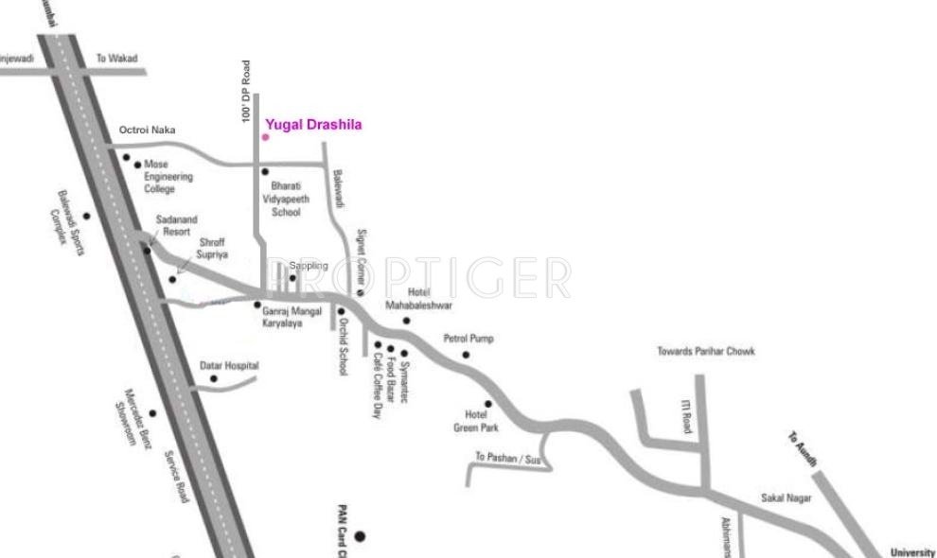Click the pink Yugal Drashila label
tap(313, 124)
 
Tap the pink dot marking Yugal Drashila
tap(265, 137)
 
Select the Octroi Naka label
tap(148, 131)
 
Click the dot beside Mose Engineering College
tap(138, 165)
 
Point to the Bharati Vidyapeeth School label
tap(285, 199)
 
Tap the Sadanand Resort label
tap(173, 226)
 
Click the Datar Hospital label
tap(229, 366)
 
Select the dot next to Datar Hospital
tap(214, 379)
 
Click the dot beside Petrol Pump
tap(466, 356)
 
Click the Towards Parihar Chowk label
tap(706, 352)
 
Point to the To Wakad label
tap(117, 59)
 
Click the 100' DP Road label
tap(246, 92)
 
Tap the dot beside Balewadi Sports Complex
tap(86, 216)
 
